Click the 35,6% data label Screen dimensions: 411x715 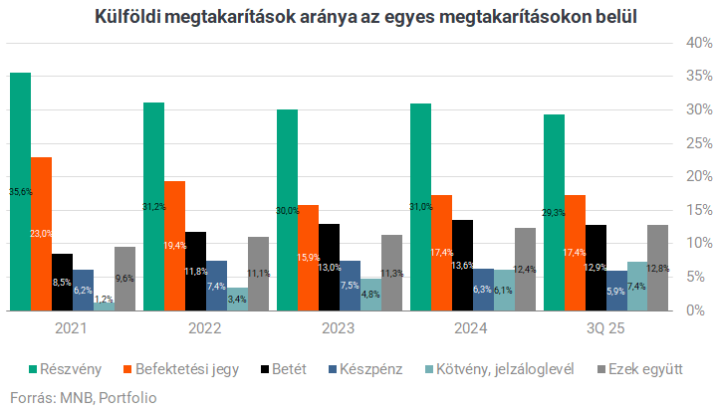click(20, 191)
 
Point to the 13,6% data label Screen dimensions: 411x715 click(462, 265)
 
